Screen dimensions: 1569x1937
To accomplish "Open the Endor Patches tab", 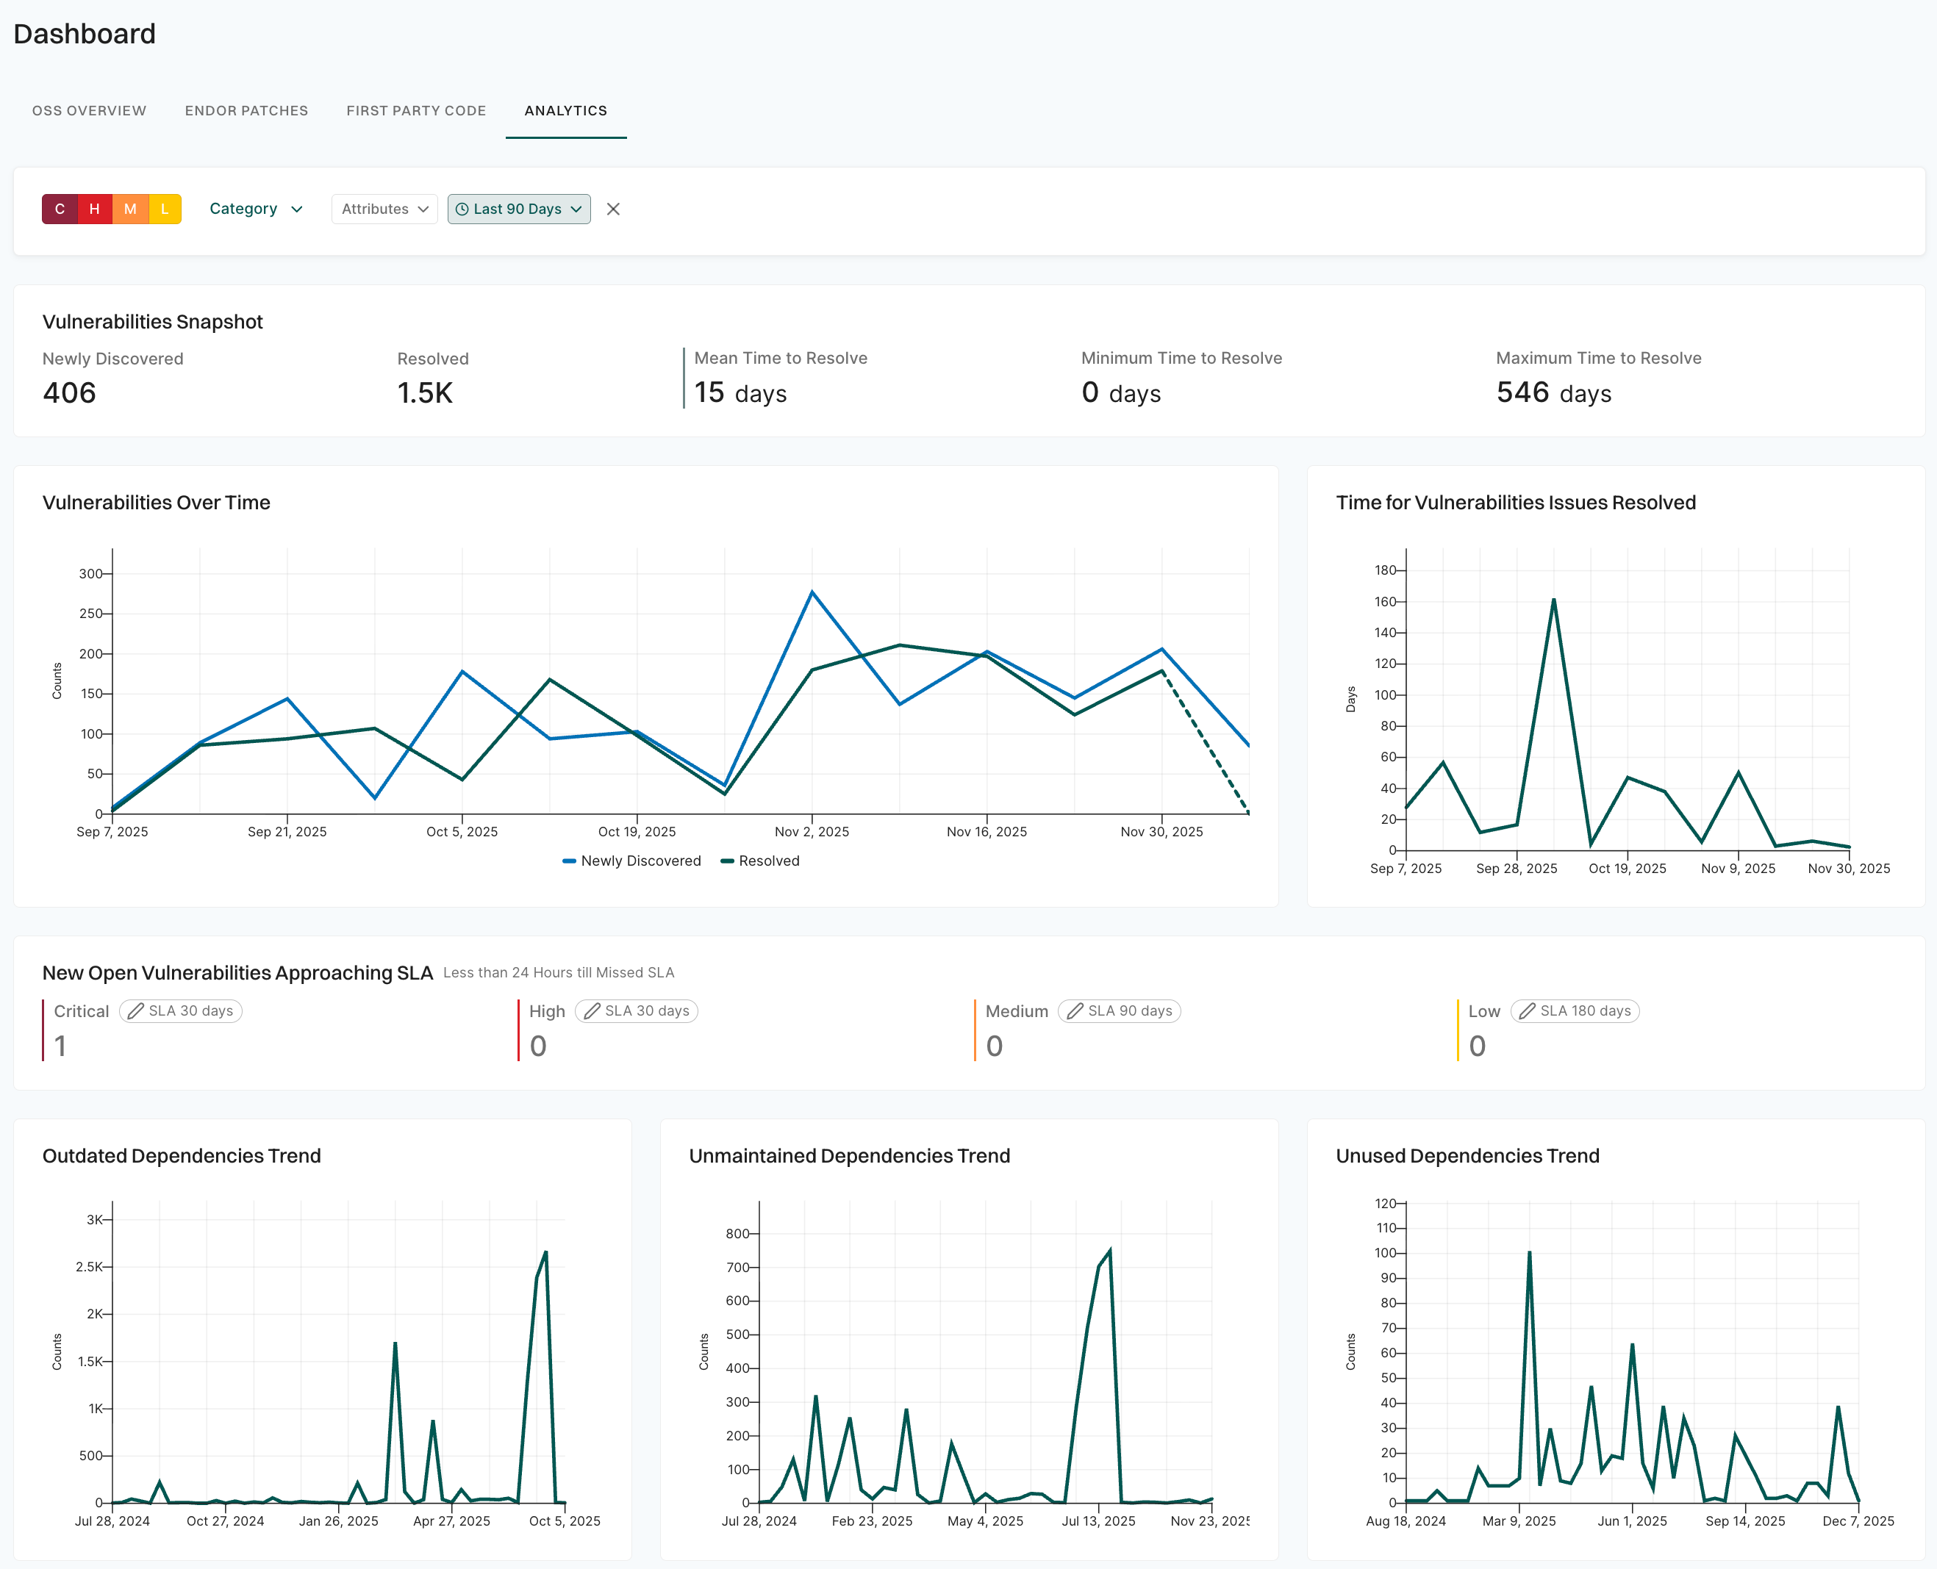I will (x=246, y=110).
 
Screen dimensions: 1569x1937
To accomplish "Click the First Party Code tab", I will (x=416, y=110).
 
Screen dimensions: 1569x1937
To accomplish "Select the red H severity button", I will (x=94, y=209).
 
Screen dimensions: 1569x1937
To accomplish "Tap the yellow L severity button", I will (x=165, y=209).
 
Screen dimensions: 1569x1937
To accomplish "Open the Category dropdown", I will (x=256, y=209).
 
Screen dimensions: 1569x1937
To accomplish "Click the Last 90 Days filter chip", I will (x=518, y=209).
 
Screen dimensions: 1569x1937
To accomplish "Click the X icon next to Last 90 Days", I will (x=613, y=209).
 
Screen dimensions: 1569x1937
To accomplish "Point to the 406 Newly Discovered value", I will (x=70, y=393).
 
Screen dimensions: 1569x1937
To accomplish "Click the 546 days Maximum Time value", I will (x=1553, y=393).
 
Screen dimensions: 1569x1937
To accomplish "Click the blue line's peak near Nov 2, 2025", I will (x=812, y=593).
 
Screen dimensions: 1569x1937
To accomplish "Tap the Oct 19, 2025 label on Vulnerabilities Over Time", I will (x=637, y=831).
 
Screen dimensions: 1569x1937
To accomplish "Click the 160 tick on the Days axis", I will (x=1385, y=602).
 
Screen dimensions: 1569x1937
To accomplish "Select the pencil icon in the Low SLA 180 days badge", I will (x=1527, y=1010).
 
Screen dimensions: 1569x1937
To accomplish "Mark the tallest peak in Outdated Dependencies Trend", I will (x=545, y=1253).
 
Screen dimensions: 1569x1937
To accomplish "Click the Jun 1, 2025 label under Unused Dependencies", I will (x=1631, y=1521).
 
